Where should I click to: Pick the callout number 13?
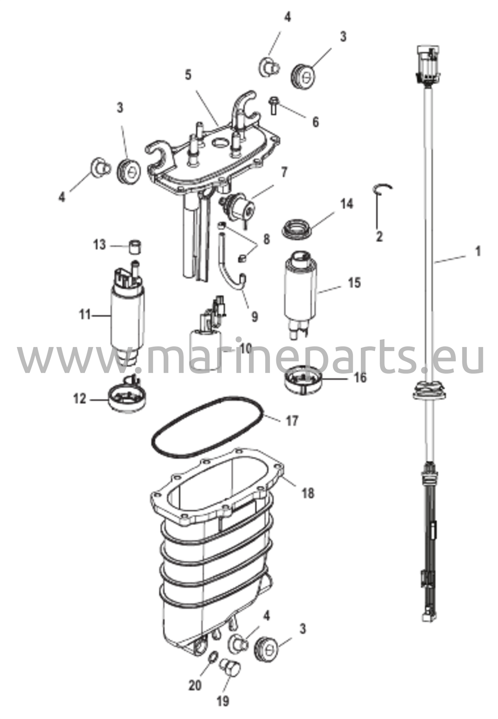point(99,244)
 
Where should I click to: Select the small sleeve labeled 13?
point(136,247)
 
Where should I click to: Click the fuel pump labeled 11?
point(128,316)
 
